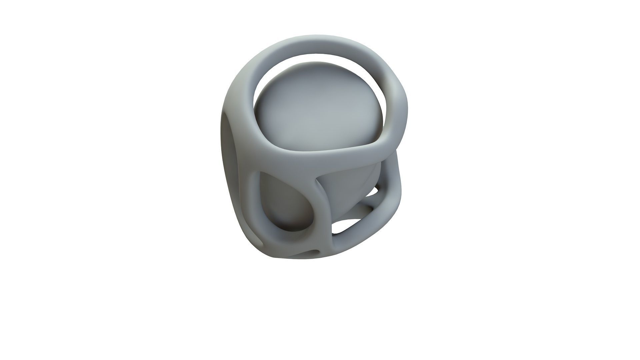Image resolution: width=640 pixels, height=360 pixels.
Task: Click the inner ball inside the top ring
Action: tap(317, 107)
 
